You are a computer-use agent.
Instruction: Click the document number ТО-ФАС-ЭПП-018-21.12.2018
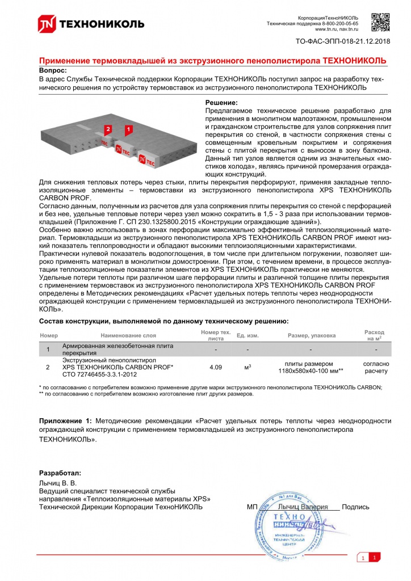(x=344, y=41)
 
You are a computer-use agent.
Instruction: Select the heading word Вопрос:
(x=52, y=70)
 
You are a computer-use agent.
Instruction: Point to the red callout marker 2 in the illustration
(x=108, y=129)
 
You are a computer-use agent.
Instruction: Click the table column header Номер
(x=49, y=336)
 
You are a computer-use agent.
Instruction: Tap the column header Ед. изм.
(x=248, y=336)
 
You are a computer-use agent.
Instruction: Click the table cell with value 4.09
(x=216, y=367)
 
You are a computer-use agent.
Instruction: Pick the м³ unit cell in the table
(x=248, y=367)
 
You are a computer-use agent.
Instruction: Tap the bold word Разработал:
(x=60, y=473)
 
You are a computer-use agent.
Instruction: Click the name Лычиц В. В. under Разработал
(x=57, y=483)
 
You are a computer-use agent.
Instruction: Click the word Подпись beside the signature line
(x=355, y=507)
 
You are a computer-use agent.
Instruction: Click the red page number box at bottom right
(x=374, y=559)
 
